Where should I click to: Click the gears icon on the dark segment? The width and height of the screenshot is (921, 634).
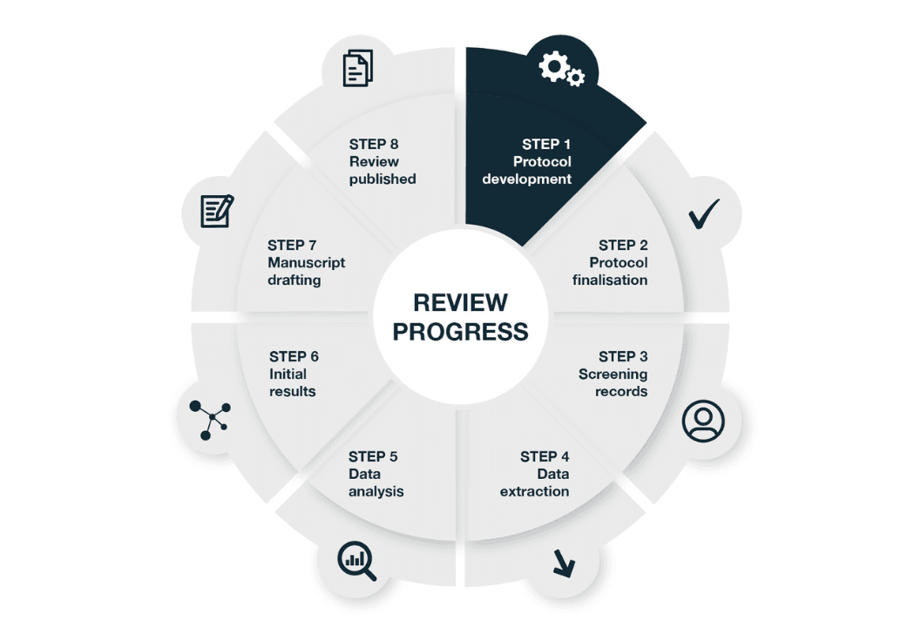coord(561,69)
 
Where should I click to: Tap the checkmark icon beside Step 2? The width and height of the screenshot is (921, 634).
coord(703,213)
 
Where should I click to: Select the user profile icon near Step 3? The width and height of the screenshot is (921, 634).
coord(703,421)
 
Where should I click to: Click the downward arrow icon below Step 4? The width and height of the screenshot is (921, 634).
coord(564,563)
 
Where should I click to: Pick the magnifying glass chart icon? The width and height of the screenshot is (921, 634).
coord(356,561)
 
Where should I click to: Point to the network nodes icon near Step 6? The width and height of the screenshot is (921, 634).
coord(210,420)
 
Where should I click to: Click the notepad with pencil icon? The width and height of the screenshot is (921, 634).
coord(217,211)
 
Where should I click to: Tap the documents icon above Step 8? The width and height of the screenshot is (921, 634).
coord(358,69)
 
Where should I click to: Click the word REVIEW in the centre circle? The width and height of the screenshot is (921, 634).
coord(460,303)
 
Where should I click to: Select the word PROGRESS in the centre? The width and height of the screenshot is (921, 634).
coord(460,332)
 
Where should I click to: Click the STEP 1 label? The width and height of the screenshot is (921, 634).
coord(546,145)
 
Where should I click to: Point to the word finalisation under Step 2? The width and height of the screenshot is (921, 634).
coord(610,280)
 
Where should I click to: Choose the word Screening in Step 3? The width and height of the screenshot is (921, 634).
coord(613,374)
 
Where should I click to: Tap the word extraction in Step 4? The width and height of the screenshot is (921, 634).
coord(534,491)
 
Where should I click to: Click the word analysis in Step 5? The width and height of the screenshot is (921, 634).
coord(376,491)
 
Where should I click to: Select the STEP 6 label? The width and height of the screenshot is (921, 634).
coord(294,356)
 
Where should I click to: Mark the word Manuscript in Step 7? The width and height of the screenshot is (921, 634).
coord(306,262)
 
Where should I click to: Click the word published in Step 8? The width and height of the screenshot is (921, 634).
coord(383,179)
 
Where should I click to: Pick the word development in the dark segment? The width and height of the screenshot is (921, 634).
coord(527,179)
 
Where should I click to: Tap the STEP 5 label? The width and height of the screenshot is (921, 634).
coord(373,456)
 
